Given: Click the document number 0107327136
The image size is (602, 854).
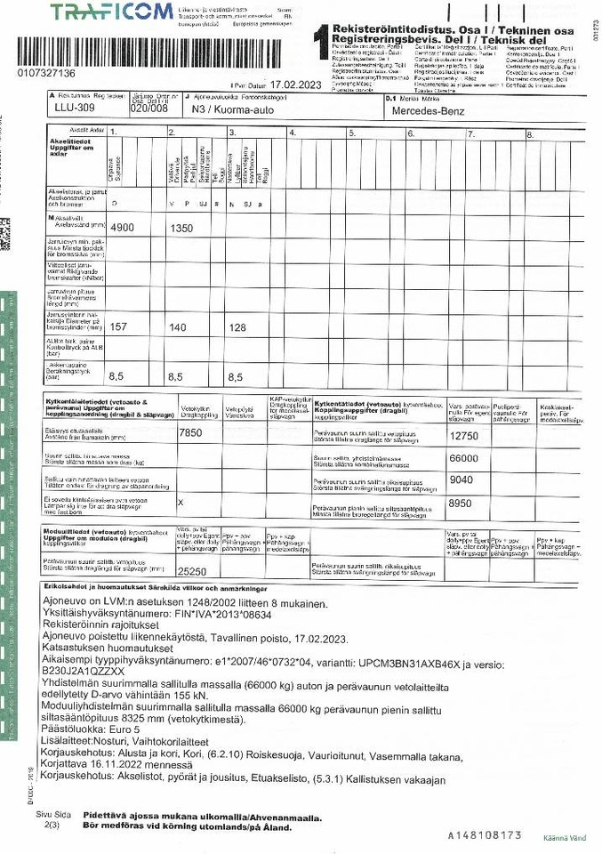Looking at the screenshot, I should (46, 73).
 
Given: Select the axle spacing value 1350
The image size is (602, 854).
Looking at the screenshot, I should (181, 228).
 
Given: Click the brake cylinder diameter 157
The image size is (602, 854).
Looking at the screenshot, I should (118, 327).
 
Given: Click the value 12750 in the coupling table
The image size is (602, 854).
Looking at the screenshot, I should (464, 436).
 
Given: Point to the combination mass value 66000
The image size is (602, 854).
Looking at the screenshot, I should (464, 458).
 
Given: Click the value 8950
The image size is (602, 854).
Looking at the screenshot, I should (462, 503).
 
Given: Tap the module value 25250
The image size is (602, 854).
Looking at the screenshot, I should (193, 572).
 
